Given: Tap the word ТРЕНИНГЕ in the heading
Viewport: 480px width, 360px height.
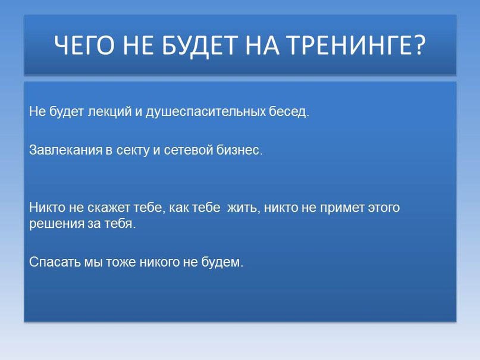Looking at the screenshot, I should pyautogui.click(x=350, y=45).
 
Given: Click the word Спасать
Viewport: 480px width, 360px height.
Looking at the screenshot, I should pyautogui.click(x=53, y=262).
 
